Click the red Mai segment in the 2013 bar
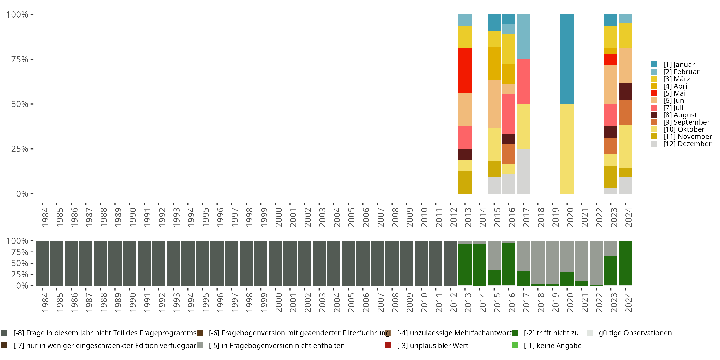tap(465, 70)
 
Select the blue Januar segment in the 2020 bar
tap(567, 59)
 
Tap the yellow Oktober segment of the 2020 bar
tap(567, 149)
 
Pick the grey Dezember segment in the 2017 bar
tap(523, 171)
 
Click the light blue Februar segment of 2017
tap(523, 37)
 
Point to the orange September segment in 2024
tap(625, 112)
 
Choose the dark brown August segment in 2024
tap(625, 91)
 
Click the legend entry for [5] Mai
tap(674, 93)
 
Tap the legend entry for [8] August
tap(679, 115)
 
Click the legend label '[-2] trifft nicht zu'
tap(551, 333)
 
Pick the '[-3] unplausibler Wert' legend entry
tap(432, 345)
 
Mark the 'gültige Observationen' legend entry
tap(635, 333)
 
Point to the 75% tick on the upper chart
tap(20, 59)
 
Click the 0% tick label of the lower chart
tap(22, 286)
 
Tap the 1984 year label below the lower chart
tap(45, 303)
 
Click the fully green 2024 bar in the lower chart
tap(625, 263)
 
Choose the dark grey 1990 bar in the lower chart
tap(130, 263)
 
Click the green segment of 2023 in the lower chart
tap(611, 270)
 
